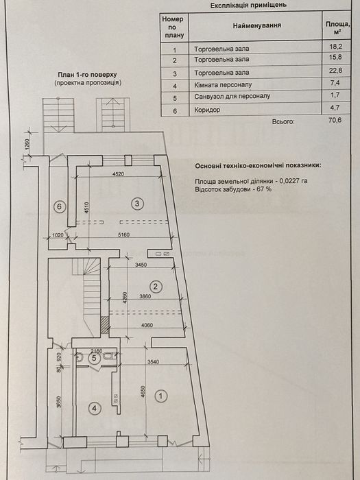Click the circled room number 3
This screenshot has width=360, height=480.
137,203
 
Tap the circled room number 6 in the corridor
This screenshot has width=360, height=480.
60,206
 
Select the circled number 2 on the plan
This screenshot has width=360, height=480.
156,287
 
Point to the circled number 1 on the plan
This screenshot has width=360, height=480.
160,396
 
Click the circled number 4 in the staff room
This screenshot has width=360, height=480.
95,408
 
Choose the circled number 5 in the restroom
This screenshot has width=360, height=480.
94,358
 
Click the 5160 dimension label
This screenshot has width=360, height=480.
123,235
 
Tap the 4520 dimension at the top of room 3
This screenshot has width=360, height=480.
118,174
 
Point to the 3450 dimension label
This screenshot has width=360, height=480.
141,265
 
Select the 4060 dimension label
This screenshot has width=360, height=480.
147,326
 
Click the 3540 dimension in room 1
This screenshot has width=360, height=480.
153,362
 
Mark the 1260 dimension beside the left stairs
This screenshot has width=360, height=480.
27,145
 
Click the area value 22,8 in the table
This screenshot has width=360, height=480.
335,71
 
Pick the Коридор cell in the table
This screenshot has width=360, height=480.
207,110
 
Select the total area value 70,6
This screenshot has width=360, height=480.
335,120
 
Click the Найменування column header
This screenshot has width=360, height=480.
257,25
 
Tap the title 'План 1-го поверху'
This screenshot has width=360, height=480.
88,75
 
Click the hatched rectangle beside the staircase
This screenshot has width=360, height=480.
105,325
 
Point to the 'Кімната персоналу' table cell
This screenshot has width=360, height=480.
223,85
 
